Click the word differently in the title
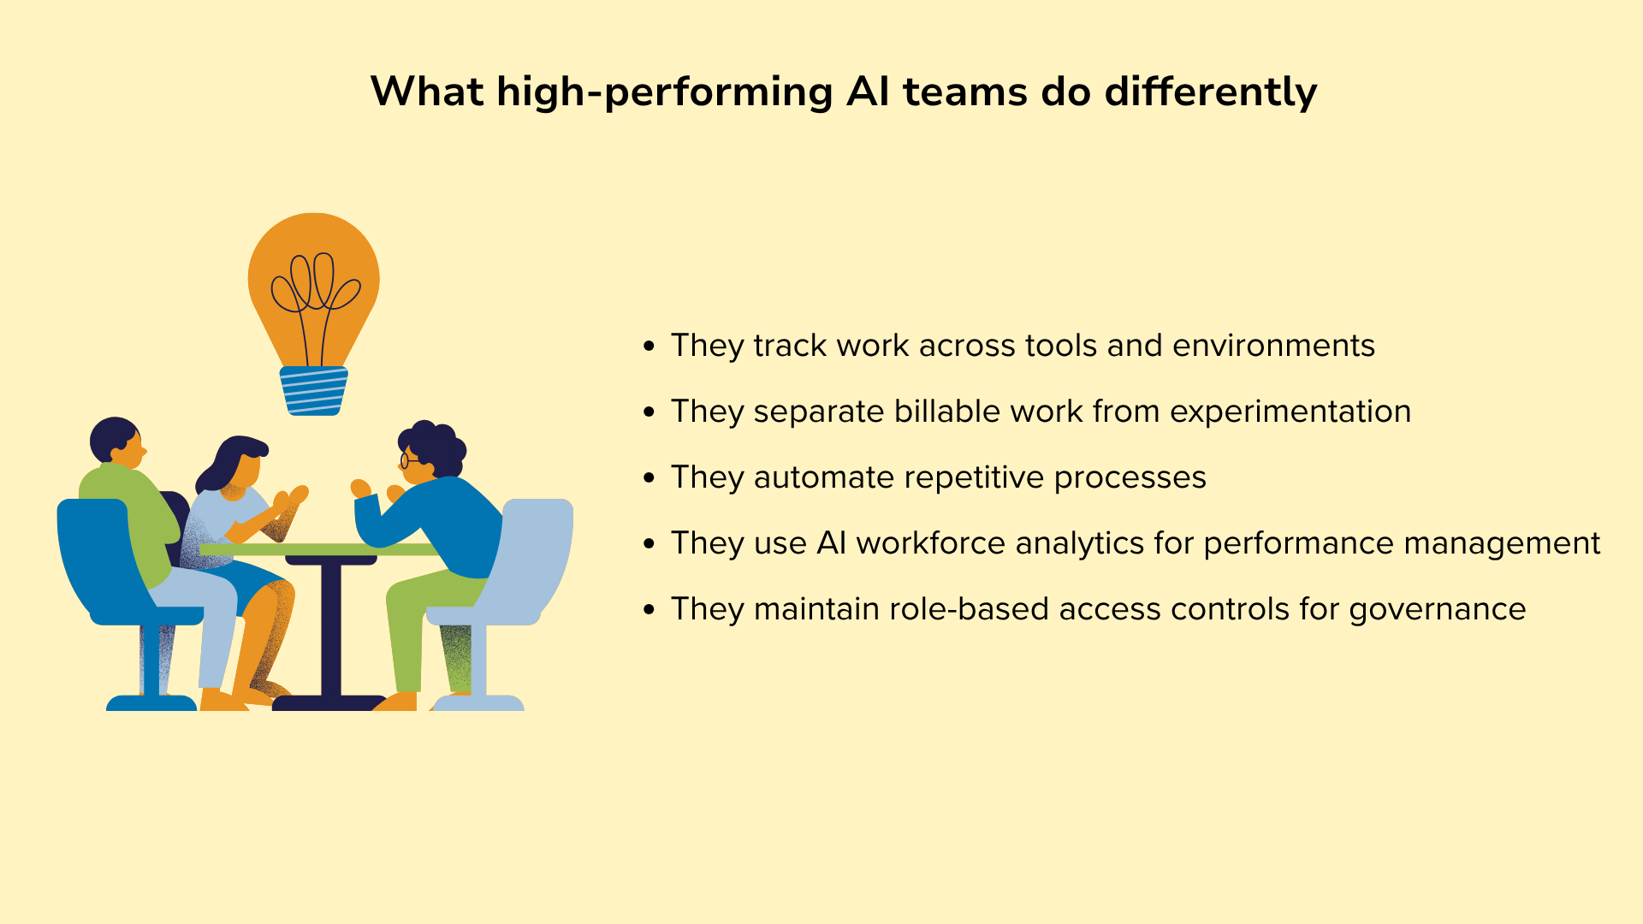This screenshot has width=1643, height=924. (x=1210, y=92)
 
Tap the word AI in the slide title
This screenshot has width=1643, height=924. (x=868, y=92)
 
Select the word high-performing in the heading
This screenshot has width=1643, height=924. (x=664, y=92)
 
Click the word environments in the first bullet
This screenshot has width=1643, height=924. (x=1273, y=346)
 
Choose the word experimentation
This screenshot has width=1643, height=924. (x=1290, y=412)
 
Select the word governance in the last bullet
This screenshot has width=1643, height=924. (x=1438, y=610)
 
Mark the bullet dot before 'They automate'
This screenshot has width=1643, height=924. (x=649, y=478)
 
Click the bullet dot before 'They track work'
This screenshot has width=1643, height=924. (x=649, y=346)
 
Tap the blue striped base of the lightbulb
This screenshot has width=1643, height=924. (x=313, y=391)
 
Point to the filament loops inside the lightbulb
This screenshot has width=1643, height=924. (x=315, y=282)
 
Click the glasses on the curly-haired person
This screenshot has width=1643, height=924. (x=408, y=460)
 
